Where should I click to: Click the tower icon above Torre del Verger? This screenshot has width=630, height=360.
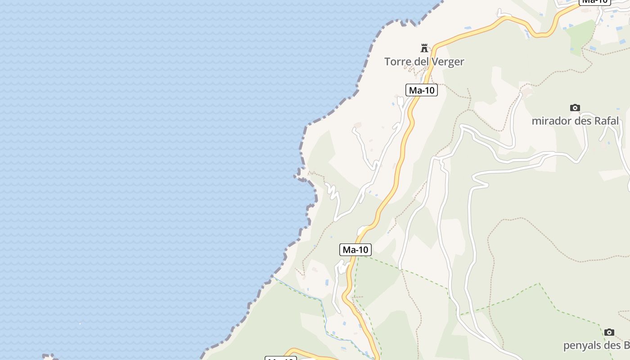coord(424,48)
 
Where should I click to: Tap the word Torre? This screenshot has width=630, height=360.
coord(398,62)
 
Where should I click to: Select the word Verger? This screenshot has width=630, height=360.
coord(447,62)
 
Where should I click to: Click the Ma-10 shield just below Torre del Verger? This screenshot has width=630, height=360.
coord(422,90)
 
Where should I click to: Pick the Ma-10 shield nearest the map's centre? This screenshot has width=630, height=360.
coord(355,250)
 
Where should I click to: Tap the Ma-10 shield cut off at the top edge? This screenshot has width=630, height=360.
coord(595,2)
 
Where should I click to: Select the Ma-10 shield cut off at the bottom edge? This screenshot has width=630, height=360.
coord(280,358)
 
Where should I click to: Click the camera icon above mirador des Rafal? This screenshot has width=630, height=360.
coord(575,108)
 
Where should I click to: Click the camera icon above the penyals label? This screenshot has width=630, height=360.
coord(609,332)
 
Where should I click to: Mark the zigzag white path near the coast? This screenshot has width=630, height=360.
coord(332,191)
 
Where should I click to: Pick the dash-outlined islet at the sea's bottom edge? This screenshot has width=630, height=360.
coord(49,357)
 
